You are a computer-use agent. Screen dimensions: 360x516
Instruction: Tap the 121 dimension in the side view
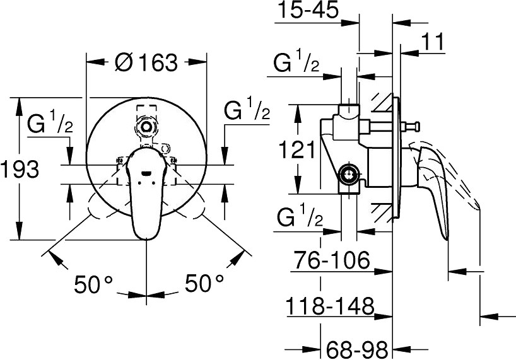pos(296,149)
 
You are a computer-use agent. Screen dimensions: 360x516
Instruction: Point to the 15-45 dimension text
pos(307,10)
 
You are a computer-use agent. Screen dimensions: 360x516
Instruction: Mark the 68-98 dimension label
pos(358,348)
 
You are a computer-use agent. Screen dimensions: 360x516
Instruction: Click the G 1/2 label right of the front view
pos(247,110)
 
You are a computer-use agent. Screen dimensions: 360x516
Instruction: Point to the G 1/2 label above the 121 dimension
pos(296,63)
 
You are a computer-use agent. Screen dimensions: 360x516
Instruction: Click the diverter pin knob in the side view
pos(414,127)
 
